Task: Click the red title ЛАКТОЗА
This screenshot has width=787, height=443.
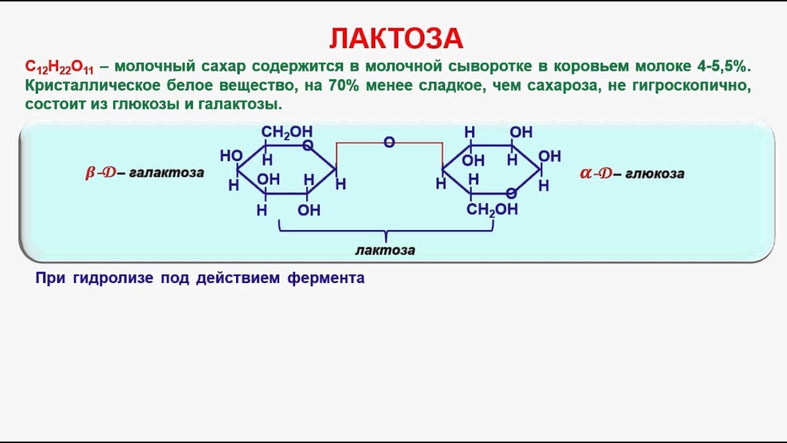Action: click(396, 39)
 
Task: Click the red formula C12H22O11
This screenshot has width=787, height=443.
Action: click(59, 67)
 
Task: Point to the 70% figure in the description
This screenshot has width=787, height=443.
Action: click(344, 86)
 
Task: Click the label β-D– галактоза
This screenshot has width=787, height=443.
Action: click(144, 173)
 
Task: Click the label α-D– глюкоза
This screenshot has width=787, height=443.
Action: click(632, 174)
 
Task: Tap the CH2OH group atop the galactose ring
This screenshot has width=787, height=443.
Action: click(287, 132)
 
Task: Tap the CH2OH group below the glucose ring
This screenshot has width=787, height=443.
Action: click(492, 210)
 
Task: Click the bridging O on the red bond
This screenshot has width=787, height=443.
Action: click(389, 143)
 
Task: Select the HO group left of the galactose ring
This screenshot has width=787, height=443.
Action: click(231, 156)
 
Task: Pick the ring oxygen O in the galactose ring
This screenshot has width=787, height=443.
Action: click(308, 146)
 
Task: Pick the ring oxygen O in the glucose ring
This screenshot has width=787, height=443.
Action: click(511, 193)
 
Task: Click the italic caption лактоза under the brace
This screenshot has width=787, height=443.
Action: click(386, 250)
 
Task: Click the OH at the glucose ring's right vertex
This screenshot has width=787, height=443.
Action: click(550, 156)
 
